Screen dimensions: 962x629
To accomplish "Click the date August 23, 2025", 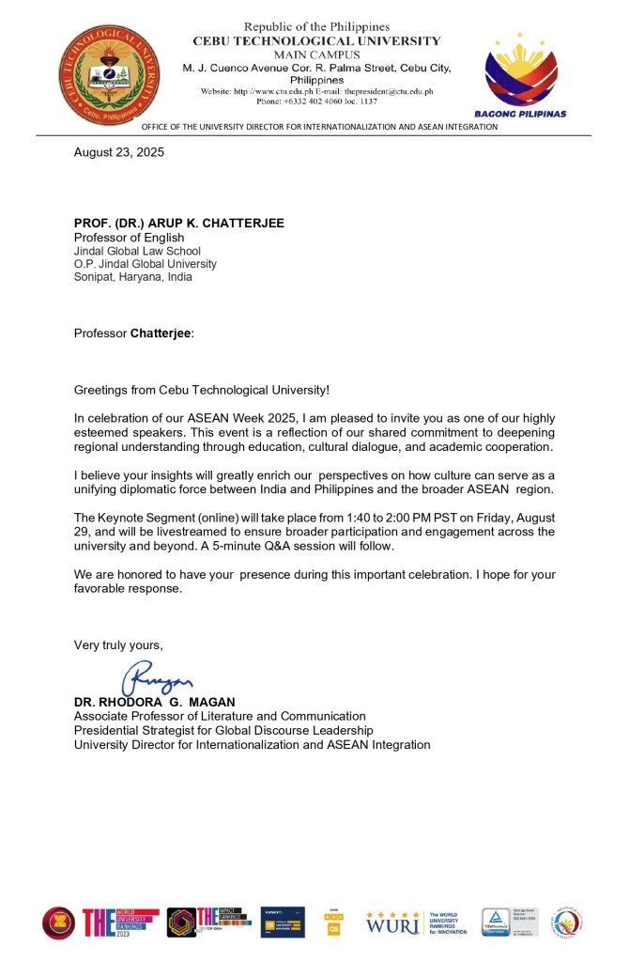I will coord(119,152).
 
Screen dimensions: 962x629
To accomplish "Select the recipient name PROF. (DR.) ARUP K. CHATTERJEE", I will coord(178,223).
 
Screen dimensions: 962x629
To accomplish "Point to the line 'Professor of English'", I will coord(129,238).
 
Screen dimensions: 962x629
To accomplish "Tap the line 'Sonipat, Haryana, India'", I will coord(132,277).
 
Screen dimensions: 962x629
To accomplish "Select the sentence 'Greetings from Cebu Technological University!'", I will coord(202,389).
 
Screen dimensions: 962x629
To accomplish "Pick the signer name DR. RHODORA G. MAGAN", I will coord(154,703).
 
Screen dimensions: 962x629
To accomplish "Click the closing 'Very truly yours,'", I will coord(118,644).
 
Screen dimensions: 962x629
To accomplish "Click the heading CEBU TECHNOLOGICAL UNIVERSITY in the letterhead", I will coord(316,41).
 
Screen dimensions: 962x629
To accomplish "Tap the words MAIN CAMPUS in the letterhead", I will coord(316,54).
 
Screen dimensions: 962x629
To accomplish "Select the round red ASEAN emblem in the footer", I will coord(58,923).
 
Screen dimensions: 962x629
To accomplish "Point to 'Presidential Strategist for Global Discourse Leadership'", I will coord(223,730).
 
